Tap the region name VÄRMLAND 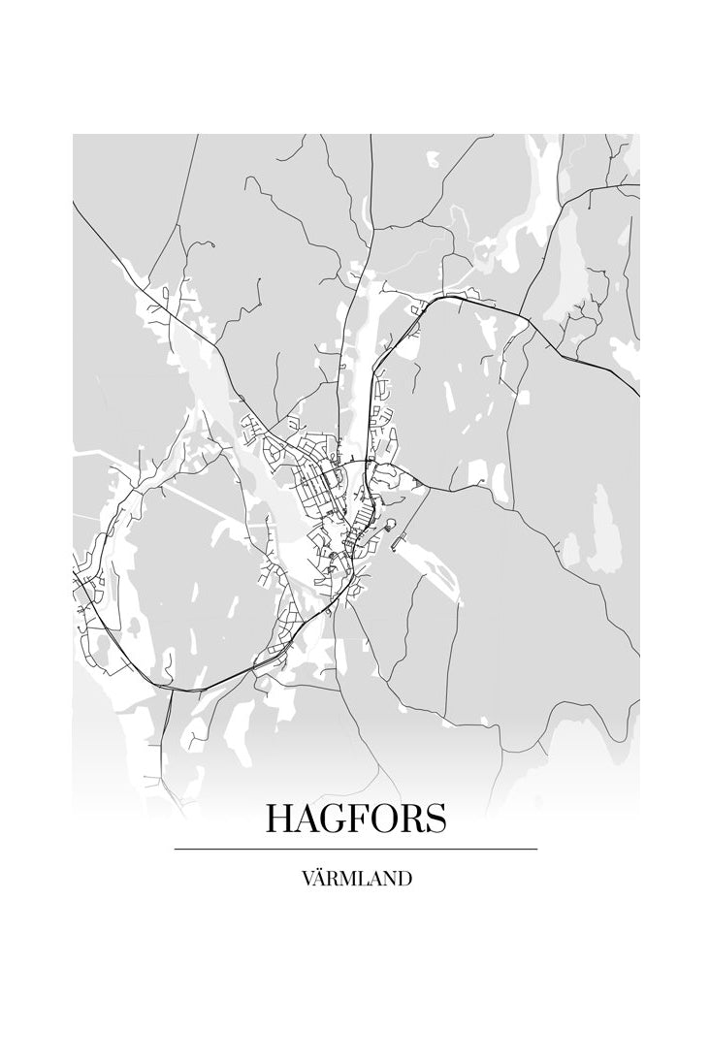(356, 879)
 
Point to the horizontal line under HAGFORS (355, 849)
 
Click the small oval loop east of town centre (390, 525)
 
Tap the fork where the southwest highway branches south (171, 690)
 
